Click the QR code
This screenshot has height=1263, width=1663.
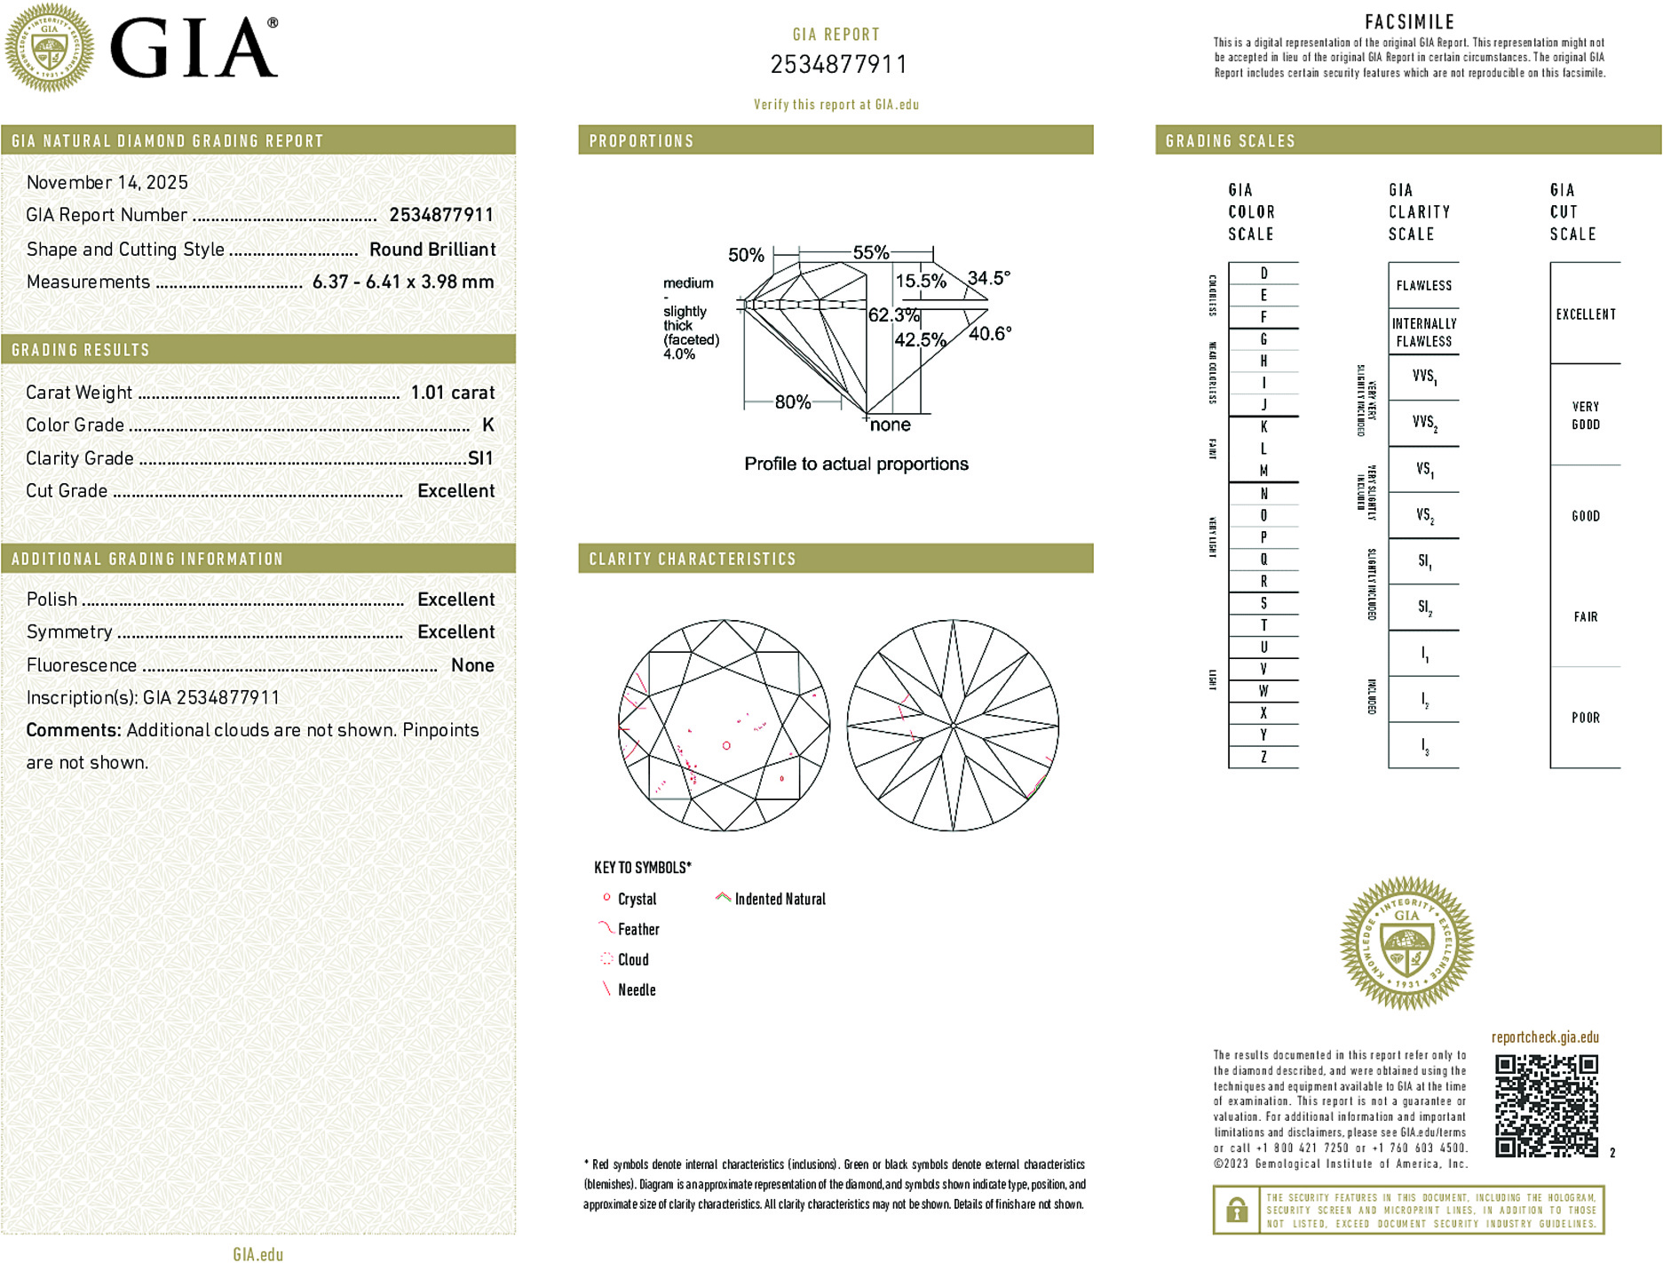[x=1546, y=1105]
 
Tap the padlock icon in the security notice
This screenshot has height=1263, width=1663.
[x=1236, y=1210]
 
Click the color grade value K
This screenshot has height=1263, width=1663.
[x=487, y=425]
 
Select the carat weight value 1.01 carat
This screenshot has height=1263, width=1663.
[x=452, y=393]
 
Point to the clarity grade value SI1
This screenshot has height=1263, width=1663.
[x=480, y=458]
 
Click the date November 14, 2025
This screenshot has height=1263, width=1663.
[x=107, y=182]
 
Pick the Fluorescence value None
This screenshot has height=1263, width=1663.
[x=472, y=665]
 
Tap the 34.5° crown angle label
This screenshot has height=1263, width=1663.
[x=988, y=278]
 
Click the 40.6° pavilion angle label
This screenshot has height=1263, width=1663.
[x=990, y=334]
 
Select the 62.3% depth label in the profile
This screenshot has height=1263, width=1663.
[x=893, y=315]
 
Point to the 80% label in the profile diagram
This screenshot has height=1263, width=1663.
[x=792, y=402]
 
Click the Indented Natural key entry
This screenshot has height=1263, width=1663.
[x=780, y=899]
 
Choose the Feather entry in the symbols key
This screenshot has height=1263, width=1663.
[x=638, y=929]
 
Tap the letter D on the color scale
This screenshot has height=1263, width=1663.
[x=1263, y=274]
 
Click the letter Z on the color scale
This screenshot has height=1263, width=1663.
[x=1263, y=757]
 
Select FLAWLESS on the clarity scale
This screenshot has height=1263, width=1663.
[x=1423, y=285]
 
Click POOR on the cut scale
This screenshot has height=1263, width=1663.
[x=1585, y=718]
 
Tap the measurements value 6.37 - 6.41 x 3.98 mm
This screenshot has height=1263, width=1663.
[x=403, y=282]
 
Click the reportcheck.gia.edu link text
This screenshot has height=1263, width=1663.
[x=1545, y=1037]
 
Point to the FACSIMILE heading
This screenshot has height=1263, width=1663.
[x=1409, y=22]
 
